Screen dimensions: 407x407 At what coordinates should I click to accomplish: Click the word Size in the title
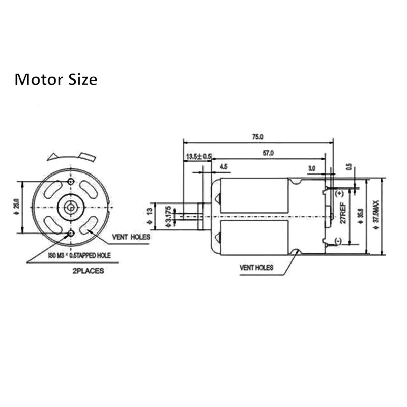[x=80, y=80]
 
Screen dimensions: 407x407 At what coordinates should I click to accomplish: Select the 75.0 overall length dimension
[x=257, y=136]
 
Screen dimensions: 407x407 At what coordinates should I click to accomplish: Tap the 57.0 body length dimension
[x=268, y=153]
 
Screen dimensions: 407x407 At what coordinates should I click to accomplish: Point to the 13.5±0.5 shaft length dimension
[x=198, y=156]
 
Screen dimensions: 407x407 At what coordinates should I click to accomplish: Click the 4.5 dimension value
[x=224, y=166]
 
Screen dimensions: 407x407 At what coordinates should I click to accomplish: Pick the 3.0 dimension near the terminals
[x=312, y=167]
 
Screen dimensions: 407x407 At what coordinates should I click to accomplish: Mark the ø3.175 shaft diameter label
[x=169, y=216]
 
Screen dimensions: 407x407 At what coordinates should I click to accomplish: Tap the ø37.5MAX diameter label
[x=376, y=214]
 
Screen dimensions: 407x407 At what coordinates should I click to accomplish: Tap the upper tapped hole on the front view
[x=71, y=182]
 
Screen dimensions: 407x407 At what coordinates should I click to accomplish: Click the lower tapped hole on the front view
[x=71, y=233]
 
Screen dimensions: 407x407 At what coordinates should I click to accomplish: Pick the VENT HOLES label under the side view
[x=256, y=267]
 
